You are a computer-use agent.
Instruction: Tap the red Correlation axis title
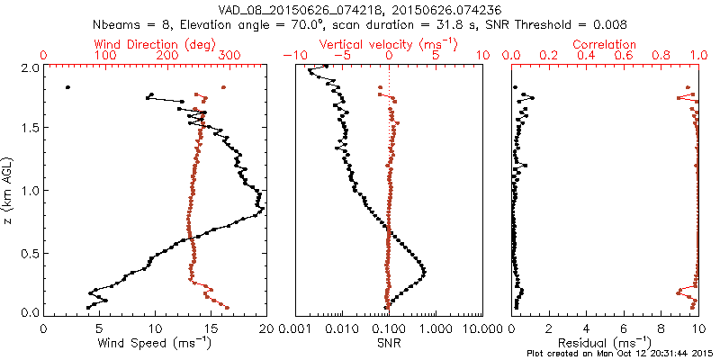(x=606, y=44)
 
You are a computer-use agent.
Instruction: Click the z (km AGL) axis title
(x=10, y=190)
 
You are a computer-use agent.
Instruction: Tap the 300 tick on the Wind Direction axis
(x=229, y=56)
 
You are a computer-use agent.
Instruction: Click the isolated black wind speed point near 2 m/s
(x=67, y=87)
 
